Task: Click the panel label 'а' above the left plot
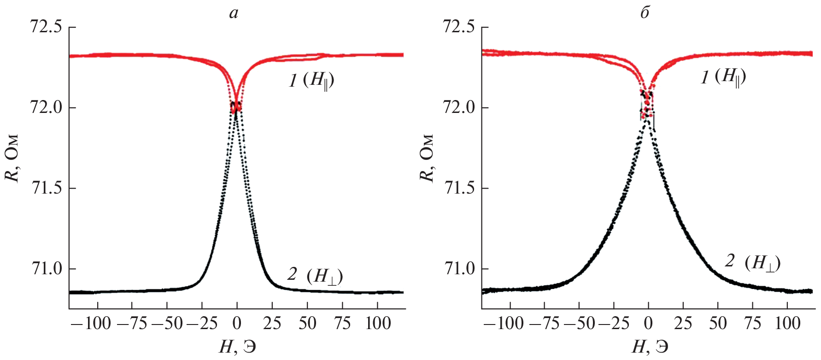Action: [234, 13]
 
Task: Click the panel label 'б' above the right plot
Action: [645, 13]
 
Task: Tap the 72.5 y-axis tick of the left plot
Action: [46, 27]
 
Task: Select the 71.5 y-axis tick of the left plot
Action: [46, 189]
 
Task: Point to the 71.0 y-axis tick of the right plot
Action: [459, 269]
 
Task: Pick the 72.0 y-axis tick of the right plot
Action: [459, 108]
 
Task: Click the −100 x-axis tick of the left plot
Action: [92, 324]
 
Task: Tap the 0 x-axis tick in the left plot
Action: [237, 324]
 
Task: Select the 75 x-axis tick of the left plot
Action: [343, 324]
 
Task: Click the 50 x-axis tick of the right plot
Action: [718, 324]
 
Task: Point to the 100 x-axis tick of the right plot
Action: [788, 324]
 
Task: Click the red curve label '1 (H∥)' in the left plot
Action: [311, 81]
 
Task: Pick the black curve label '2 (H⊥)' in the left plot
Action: [315, 275]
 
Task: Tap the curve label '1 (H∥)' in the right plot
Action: [723, 77]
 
